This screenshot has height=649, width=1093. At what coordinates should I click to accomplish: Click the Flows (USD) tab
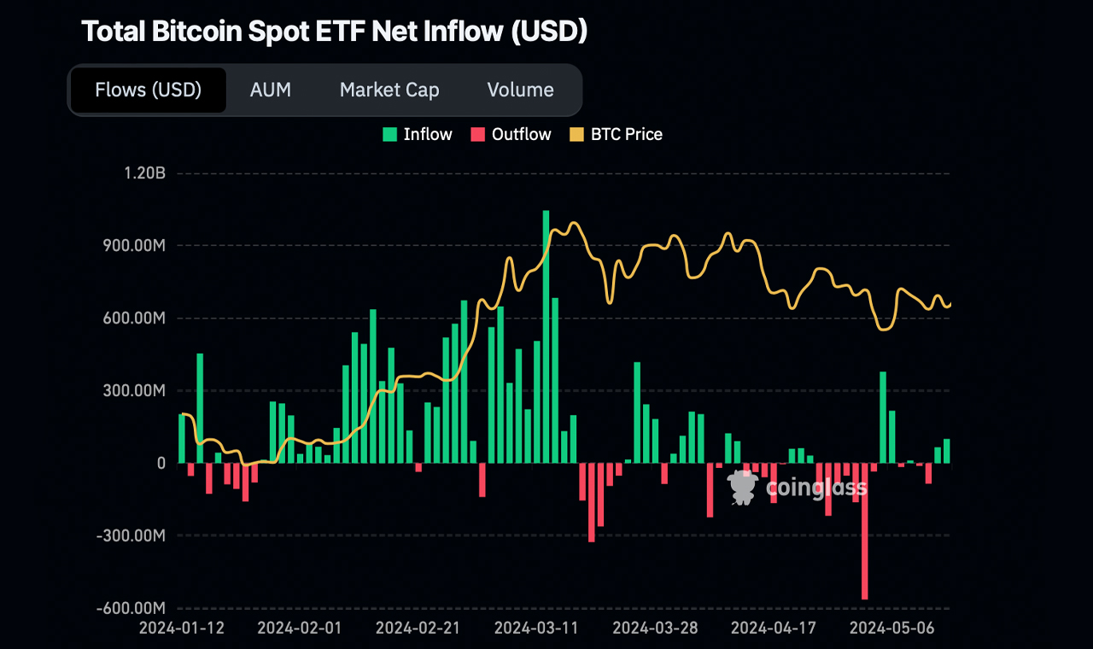point(148,90)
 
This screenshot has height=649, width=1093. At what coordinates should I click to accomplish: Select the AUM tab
point(271,90)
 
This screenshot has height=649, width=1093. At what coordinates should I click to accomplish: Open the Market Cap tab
point(389,90)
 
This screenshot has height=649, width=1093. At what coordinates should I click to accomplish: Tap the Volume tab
point(520,90)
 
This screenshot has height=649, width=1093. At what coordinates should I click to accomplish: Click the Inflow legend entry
point(418,134)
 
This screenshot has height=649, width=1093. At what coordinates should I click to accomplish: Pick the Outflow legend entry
point(511,134)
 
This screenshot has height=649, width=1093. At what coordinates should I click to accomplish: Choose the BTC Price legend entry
point(616,134)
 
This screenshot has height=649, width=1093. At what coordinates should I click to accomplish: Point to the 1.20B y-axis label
point(144,173)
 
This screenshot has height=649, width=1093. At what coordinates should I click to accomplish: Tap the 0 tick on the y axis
point(161,464)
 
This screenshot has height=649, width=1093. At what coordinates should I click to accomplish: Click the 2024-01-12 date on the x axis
point(182,628)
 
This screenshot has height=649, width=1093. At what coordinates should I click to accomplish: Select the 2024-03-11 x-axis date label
point(537,628)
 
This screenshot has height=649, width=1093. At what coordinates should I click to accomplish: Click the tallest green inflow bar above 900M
point(546,336)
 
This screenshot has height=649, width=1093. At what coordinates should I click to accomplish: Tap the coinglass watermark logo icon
point(742,487)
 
